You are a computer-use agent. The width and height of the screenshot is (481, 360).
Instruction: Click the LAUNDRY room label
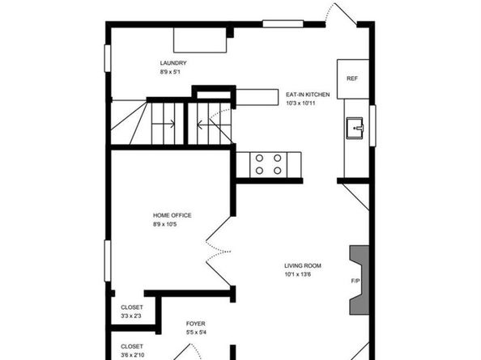point(173,63)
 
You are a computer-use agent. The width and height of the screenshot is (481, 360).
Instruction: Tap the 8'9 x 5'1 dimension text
point(173,73)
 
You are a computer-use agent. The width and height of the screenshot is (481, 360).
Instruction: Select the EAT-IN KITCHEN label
point(308,95)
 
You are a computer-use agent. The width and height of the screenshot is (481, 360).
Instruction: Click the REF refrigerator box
point(351,78)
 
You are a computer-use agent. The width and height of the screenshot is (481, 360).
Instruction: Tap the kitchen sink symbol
point(354,128)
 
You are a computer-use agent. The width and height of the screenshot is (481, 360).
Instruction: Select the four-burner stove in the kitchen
point(268,164)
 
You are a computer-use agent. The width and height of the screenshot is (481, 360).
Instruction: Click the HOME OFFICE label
point(172,214)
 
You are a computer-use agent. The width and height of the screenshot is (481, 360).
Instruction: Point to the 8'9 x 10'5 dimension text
point(164,224)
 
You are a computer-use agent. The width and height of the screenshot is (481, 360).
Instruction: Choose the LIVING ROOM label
point(303,265)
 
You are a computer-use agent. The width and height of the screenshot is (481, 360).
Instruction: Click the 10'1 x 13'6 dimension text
point(298,274)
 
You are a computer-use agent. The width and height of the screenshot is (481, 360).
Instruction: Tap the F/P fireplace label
point(355,282)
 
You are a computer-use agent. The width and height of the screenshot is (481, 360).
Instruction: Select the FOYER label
point(195,323)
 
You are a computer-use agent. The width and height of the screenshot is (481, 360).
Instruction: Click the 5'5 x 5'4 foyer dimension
point(195,332)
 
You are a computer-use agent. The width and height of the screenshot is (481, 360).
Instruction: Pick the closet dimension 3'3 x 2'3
point(131,316)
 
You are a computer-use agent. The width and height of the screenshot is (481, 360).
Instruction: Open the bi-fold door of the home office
point(217,248)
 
